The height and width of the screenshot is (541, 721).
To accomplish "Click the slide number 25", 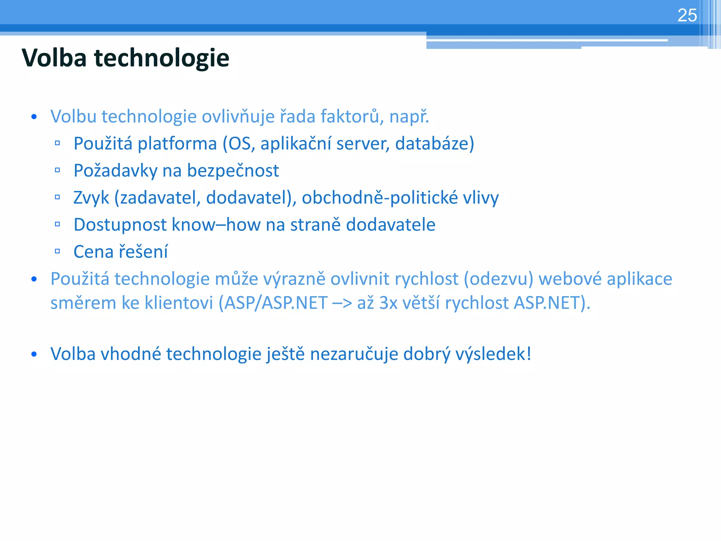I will click(687, 15).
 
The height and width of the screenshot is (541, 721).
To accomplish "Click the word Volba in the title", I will click(54, 58).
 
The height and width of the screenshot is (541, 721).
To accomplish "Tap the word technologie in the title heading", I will click(162, 58).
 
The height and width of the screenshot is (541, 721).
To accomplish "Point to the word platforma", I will click(177, 144).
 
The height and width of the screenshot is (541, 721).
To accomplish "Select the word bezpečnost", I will click(233, 171).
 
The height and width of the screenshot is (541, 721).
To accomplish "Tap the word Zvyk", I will click(91, 198).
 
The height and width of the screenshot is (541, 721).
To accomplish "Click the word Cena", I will click(93, 252).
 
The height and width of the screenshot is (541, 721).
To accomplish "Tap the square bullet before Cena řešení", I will click(57, 251).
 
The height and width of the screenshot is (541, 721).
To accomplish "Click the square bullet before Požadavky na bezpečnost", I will click(57, 170).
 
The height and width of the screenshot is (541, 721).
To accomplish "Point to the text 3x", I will click(388, 303).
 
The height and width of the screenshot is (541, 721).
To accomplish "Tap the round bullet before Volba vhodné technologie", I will click(34, 354).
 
